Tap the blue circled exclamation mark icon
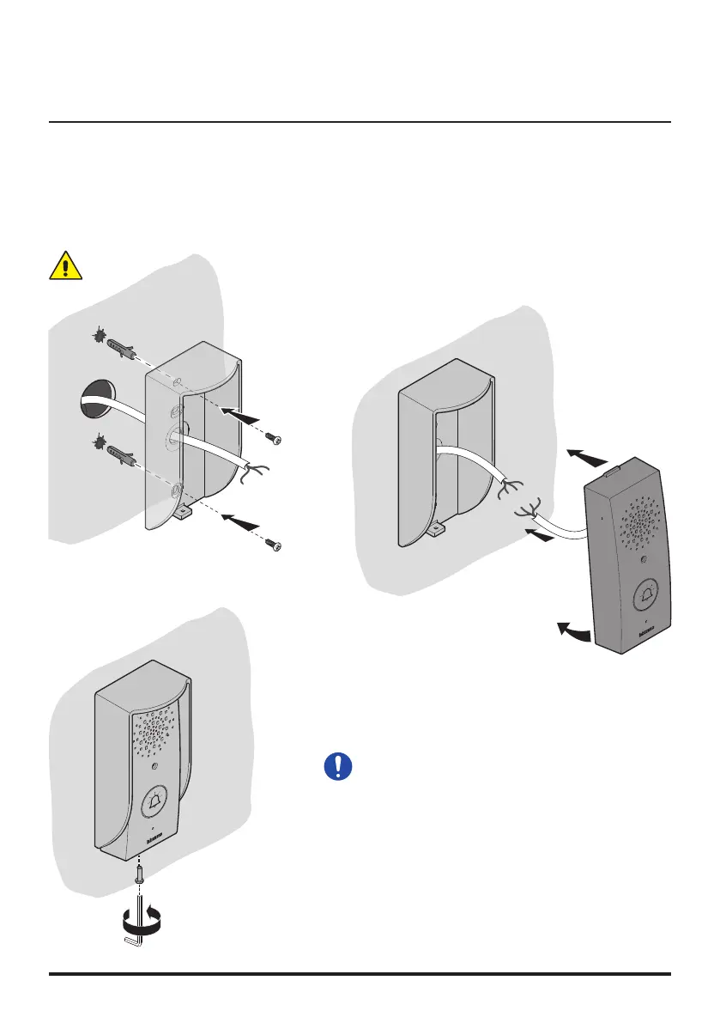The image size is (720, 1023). [x=339, y=765]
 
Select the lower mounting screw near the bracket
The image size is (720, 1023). [x=274, y=544]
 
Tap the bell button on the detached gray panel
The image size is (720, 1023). [x=645, y=596]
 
